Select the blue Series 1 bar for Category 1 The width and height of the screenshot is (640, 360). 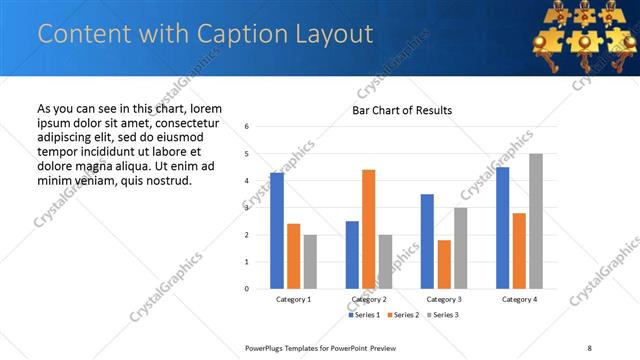277,231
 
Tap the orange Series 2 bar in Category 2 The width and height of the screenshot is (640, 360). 368,229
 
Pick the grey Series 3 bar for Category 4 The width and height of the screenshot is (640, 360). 536,221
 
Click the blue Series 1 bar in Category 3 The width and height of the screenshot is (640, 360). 427,241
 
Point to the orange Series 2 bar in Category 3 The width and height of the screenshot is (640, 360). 444,264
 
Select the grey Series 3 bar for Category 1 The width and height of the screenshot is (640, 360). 310,262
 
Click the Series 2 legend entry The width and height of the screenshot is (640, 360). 401,315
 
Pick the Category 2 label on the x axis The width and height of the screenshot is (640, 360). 369,299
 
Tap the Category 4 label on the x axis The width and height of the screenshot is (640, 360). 519,299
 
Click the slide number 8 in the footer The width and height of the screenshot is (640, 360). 588,347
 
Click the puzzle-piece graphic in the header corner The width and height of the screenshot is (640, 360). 581,29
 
